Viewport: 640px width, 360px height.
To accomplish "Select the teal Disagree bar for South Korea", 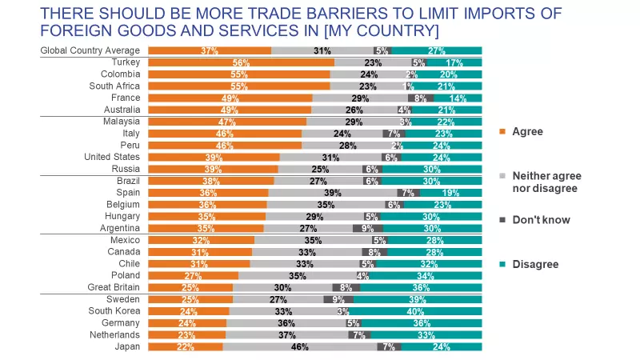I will click(415, 311).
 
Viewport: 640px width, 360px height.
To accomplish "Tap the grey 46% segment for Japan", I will click(299, 347).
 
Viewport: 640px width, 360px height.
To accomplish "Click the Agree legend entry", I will click(526, 131).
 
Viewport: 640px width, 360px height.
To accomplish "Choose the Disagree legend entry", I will click(534, 264).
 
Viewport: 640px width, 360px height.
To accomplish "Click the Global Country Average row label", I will click(91, 50).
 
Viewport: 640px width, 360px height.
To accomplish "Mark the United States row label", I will click(113, 157).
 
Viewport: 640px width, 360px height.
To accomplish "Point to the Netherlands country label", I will click(118, 335).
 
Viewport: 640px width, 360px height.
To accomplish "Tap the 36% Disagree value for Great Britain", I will click(422, 287).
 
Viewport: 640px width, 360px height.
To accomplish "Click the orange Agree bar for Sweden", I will click(190, 299).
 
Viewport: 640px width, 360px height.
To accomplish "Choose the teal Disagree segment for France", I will click(458, 98).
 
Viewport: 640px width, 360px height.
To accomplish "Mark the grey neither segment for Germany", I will click(286, 323).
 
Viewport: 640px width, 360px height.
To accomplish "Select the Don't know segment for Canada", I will click(374, 252).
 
